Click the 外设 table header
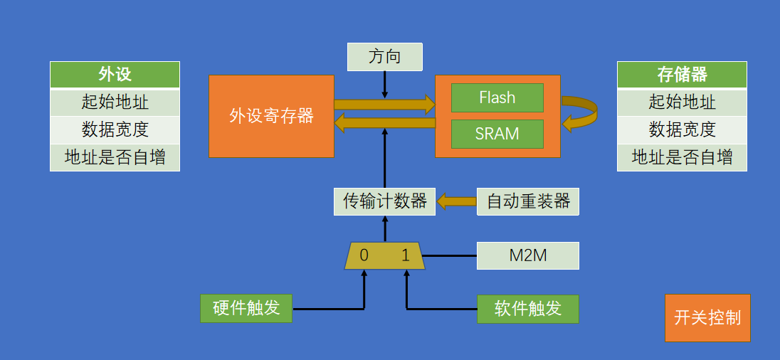[x=115, y=75]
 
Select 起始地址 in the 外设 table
[x=115, y=102]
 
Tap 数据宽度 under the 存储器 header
[x=682, y=129]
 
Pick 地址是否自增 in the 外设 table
[x=115, y=157]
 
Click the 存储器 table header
[x=682, y=75]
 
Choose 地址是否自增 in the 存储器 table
[x=682, y=157]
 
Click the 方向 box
[x=384, y=57]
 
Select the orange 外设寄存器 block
[x=271, y=117]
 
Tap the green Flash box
[x=497, y=97]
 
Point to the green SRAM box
[x=497, y=134]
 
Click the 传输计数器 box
[x=384, y=201]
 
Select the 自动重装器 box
[x=528, y=201]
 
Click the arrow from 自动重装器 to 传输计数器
[x=457, y=201]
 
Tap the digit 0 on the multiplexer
[x=364, y=255]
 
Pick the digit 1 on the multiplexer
[x=406, y=255]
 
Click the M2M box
[x=528, y=255]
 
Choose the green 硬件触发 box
[x=246, y=308]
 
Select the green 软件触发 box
[x=528, y=309]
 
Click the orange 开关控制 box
[x=707, y=318]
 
